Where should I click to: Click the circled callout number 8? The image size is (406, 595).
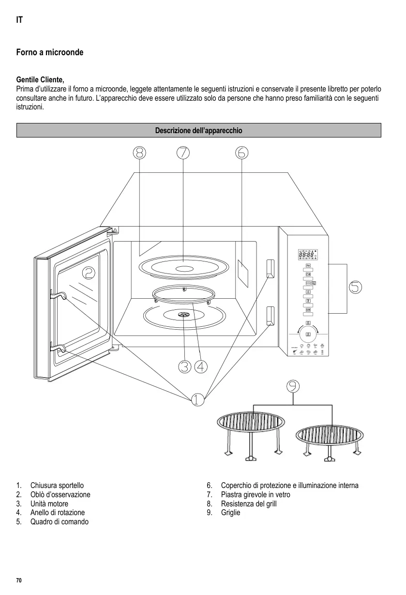click(139, 153)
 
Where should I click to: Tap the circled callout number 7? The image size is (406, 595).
click(183, 153)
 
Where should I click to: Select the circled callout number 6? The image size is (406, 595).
click(242, 153)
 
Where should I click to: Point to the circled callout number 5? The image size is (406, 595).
click(355, 287)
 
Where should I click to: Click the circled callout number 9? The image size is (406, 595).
click(292, 386)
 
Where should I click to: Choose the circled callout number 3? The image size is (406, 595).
click(184, 366)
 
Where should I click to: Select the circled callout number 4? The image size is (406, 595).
click(201, 366)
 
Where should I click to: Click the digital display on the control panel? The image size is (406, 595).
click(308, 255)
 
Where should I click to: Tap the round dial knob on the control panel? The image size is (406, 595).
click(307, 335)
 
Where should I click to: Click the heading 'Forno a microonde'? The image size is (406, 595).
click(50, 52)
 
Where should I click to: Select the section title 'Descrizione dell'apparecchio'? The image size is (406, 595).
click(198, 131)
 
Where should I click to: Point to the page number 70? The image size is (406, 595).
click(19, 580)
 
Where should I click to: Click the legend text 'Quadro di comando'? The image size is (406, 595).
click(60, 521)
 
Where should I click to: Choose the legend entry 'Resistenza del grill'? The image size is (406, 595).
click(249, 503)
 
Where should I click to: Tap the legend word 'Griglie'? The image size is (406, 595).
click(230, 512)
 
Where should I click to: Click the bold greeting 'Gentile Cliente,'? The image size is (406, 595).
click(40, 79)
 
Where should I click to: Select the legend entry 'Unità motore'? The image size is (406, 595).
click(49, 503)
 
